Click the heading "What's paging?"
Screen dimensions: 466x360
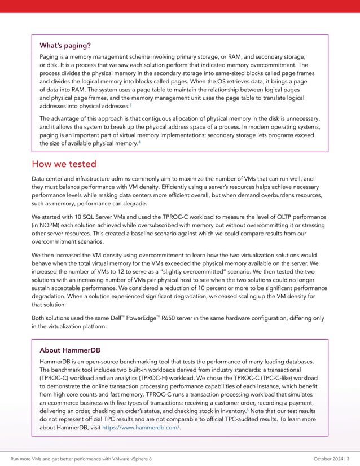pos(65,45)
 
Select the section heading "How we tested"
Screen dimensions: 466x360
pos(64,164)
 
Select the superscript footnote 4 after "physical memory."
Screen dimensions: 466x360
pos(139,142)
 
